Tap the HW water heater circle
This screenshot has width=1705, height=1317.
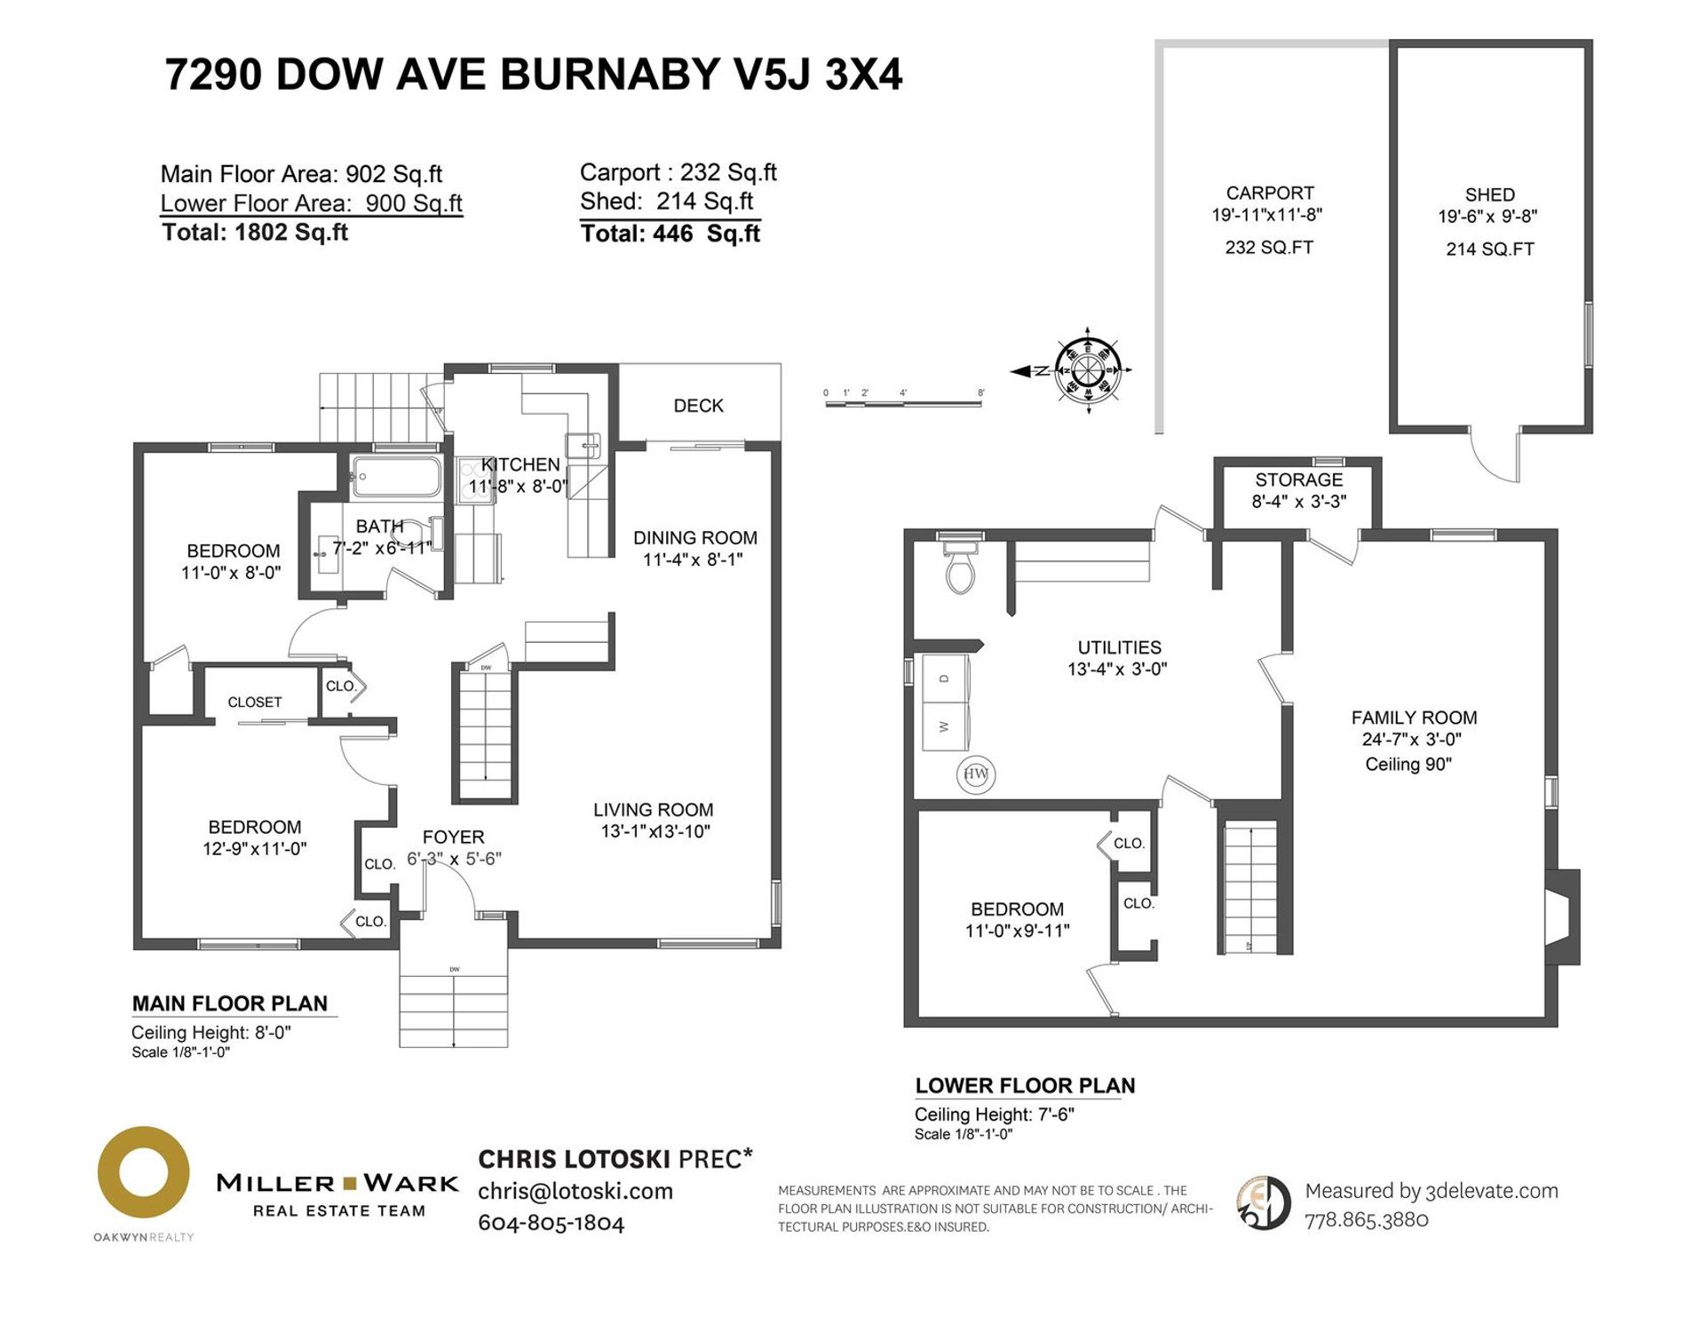(x=976, y=774)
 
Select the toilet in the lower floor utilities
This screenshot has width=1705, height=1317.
(x=961, y=568)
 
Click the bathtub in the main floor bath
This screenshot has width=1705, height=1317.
(x=395, y=477)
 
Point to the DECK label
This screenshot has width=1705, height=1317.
(x=698, y=406)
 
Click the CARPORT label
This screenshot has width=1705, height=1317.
(x=1269, y=194)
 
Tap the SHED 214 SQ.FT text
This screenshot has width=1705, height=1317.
(x=1489, y=250)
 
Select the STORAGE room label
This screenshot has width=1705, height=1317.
(x=1298, y=480)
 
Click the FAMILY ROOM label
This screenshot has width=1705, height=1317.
(x=1414, y=718)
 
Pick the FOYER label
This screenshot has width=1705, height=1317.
(x=453, y=837)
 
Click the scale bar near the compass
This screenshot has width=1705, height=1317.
(x=903, y=403)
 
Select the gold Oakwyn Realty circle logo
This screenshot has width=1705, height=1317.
(x=143, y=1172)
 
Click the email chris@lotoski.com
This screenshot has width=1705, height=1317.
(x=575, y=1192)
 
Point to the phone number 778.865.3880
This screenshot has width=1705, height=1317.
(x=1366, y=1220)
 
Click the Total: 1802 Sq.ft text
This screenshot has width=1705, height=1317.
(x=255, y=233)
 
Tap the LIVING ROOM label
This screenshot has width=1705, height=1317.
(x=653, y=810)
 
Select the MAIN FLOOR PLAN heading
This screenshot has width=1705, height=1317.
(x=230, y=1004)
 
